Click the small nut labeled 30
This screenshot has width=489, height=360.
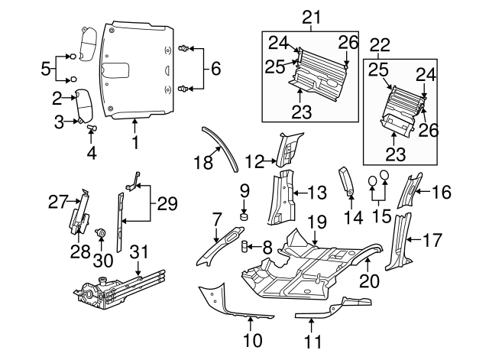click(x=100, y=232)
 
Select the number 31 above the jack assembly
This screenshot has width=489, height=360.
click(x=138, y=253)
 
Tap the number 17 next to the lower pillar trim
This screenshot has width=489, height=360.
click(x=432, y=240)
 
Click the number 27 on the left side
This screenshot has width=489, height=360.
click(x=58, y=202)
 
